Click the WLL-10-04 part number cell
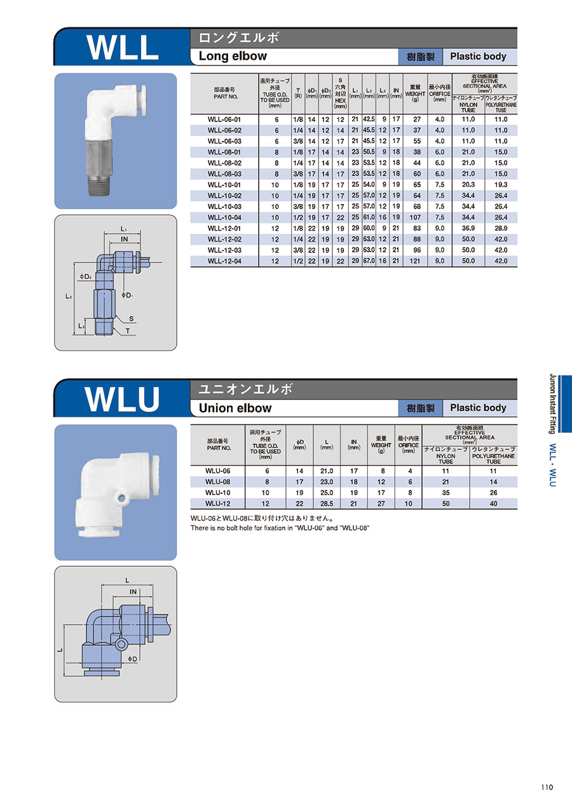pos(224,217)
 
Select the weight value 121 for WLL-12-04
pos(415,261)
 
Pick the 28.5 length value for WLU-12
pos(327,503)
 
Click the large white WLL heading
pos(122,47)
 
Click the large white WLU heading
pos(122,399)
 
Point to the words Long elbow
pos(233,56)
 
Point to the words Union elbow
pos(235,408)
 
